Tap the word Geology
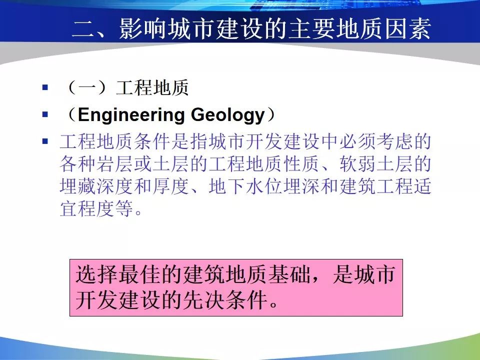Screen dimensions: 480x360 (228, 115)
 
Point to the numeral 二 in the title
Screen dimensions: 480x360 (83, 29)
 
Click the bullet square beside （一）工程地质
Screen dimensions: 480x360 (45, 87)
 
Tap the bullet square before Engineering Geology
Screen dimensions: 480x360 (45, 114)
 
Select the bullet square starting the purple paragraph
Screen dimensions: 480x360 (45, 141)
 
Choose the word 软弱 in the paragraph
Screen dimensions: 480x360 (358, 164)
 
